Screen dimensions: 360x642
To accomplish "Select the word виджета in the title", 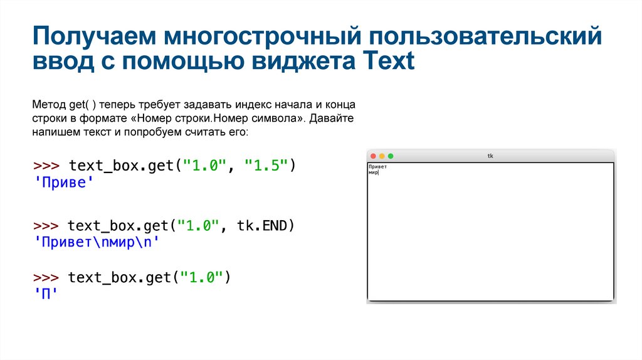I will pyautogui.click(x=302, y=61).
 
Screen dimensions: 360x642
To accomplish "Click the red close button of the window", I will pyautogui.click(x=373, y=156).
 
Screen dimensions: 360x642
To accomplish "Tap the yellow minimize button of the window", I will pyautogui.click(x=382, y=156).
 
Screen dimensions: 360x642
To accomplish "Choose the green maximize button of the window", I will pyautogui.click(x=391, y=156).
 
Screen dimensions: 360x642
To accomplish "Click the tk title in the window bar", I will pyautogui.click(x=490, y=156).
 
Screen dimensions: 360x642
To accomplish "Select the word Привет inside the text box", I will pyautogui.click(x=377, y=166).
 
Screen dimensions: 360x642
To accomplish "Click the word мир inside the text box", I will pyautogui.click(x=373, y=172).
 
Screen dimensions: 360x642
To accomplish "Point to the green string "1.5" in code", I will pyautogui.click(x=266, y=166).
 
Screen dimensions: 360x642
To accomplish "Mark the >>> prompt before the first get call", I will pyautogui.click(x=46, y=166).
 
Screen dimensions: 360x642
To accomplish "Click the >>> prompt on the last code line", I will pyautogui.click(x=46, y=277).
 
